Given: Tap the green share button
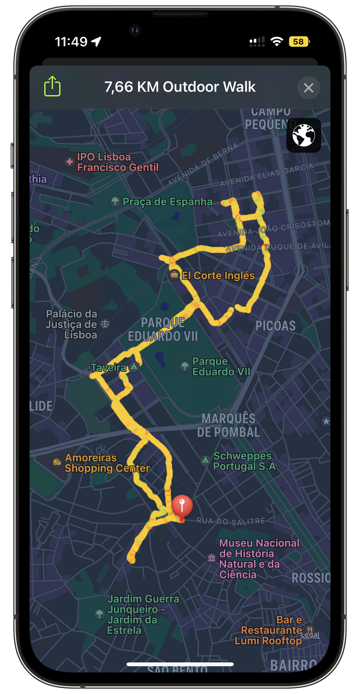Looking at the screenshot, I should pyautogui.click(x=52, y=87).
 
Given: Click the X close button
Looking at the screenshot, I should pyautogui.click(x=308, y=88).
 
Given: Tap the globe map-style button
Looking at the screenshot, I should pyautogui.click(x=303, y=135).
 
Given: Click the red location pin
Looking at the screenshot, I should pyautogui.click(x=182, y=506).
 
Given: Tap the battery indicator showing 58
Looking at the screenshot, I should pyautogui.click(x=299, y=42).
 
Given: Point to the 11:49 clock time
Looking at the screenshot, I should pyautogui.click(x=71, y=42).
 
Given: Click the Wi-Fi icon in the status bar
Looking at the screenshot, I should pyautogui.click(x=276, y=42).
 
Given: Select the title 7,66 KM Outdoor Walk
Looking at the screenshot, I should pyautogui.click(x=180, y=87).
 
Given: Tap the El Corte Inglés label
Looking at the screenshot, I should pyautogui.click(x=218, y=276).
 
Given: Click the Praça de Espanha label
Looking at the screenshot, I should pyautogui.click(x=167, y=202).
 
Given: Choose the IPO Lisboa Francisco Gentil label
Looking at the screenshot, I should pyautogui.click(x=118, y=162).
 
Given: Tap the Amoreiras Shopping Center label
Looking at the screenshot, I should pyautogui.click(x=107, y=463).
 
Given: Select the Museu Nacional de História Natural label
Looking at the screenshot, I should pyautogui.click(x=259, y=559).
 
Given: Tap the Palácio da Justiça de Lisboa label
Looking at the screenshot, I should pyautogui.click(x=71, y=324).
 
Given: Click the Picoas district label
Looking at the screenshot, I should pyautogui.click(x=275, y=326).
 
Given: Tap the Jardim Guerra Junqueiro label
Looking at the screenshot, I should pyautogui.click(x=143, y=615).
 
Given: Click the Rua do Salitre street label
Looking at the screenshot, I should pyautogui.click(x=231, y=520).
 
